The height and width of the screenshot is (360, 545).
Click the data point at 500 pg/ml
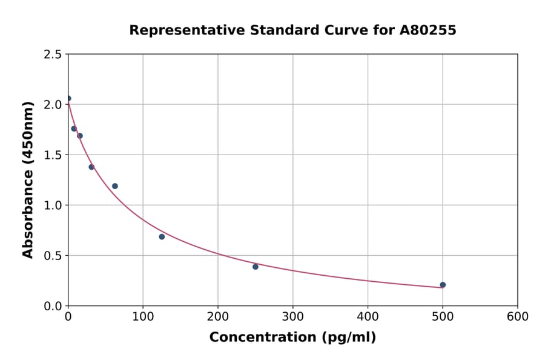(x=443, y=285)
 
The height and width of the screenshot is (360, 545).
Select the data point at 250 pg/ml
(x=256, y=267)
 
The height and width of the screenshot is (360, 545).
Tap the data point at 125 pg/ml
(x=162, y=236)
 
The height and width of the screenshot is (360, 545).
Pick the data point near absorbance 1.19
(x=115, y=186)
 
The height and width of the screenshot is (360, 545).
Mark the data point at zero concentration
(x=68, y=98)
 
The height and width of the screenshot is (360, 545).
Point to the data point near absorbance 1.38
(x=91, y=167)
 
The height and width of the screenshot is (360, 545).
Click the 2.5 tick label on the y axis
(x=53, y=54)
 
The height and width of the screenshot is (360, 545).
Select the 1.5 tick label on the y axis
(x=53, y=155)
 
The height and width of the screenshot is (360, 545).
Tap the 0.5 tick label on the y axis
(x=53, y=255)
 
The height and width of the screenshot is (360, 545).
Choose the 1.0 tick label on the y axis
(x=53, y=205)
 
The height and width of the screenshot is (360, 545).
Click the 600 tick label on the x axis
(x=517, y=316)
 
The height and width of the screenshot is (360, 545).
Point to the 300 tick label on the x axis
(x=292, y=316)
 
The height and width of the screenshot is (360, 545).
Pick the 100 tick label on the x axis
(x=143, y=316)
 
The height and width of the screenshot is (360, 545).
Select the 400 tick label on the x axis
(x=368, y=316)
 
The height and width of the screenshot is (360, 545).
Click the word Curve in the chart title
(x=350, y=30)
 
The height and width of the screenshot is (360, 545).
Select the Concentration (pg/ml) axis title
(x=292, y=338)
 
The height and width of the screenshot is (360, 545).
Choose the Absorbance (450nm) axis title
(x=28, y=179)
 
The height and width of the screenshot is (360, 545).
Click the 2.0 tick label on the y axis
(x=53, y=104)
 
